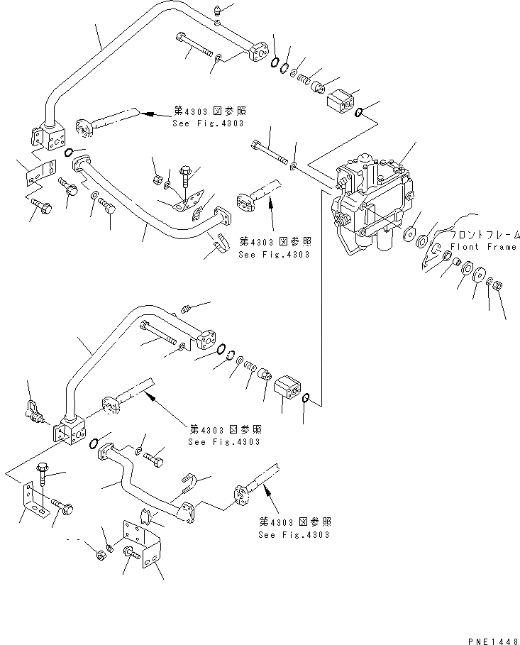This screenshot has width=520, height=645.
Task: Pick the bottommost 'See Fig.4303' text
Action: tap(294, 534)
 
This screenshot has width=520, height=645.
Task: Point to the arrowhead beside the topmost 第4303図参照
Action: tap(141, 112)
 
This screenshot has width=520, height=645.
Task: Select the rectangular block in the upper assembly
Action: tap(344, 101)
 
